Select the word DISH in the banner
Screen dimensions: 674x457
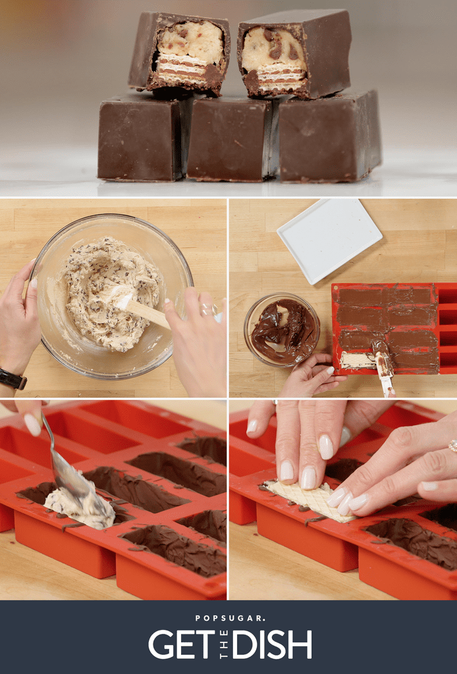(x=273, y=645)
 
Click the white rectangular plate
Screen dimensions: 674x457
(x=329, y=240)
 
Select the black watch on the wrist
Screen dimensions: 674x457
(x=13, y=379)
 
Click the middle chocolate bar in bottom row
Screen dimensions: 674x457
(x=228, y=140)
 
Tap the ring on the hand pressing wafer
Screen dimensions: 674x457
(x=453, y=446)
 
